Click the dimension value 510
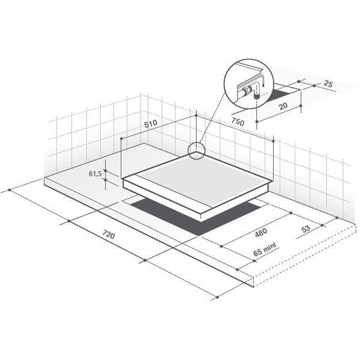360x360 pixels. pyautogui.click(x=151, y=124)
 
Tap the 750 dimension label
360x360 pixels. pyautogui.click(x=238, y=122)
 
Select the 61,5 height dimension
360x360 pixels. pyautogui.click(x=95, y=174)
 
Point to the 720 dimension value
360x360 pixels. pyautogui.click(x=108, y=234)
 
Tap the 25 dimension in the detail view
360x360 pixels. pyautogui.click(x=328, y=84)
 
